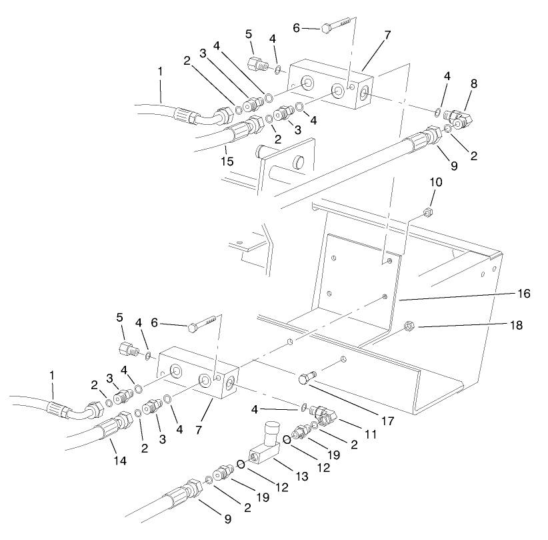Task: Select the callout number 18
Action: point(517,326)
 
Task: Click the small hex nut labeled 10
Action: point(429,214)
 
